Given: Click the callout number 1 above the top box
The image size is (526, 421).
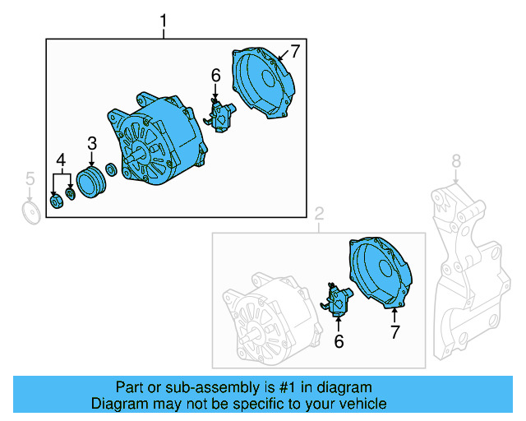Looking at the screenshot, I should (164, 19).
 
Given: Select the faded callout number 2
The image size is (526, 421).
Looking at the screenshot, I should (319, 215).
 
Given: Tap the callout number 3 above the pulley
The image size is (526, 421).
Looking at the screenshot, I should (92, 145).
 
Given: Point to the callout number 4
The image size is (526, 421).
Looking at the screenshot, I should (60, 160).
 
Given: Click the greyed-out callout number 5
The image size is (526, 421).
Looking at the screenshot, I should (30, 178).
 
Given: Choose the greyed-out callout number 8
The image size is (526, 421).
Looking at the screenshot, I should (456, 161).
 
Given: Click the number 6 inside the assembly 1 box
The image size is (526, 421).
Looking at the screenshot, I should (216, 76).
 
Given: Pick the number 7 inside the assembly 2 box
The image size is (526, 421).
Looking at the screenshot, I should (394, 332).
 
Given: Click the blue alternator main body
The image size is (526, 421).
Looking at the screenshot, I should (156, 140).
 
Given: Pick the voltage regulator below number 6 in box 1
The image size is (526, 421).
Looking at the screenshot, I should (219, 115).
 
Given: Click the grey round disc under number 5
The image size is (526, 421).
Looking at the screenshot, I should (30, 214).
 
